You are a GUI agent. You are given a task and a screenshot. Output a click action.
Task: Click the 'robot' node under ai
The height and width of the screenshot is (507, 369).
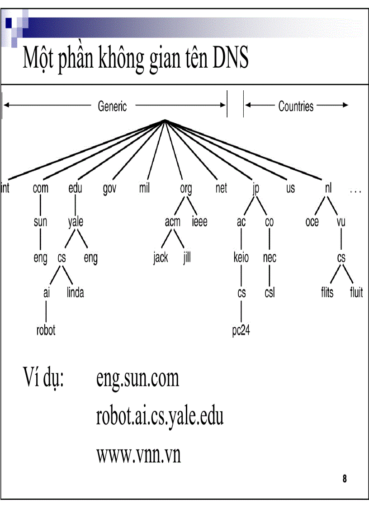(46, 330)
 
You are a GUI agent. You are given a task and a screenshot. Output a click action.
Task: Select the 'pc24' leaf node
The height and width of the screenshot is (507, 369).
(241, 330)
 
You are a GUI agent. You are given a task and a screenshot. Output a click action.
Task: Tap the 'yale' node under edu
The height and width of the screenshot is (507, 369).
(76, 222)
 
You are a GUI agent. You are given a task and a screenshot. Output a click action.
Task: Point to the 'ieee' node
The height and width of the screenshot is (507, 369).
(199, 222)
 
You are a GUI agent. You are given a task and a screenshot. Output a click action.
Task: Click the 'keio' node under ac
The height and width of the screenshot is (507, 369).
(241, 258)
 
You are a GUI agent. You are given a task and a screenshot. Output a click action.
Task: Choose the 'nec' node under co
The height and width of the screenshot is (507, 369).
(270, 258)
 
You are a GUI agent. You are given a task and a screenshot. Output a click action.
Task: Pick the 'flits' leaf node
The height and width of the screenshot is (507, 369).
(327, 293)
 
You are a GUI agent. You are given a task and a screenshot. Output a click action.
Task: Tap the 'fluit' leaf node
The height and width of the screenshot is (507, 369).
(356, 293)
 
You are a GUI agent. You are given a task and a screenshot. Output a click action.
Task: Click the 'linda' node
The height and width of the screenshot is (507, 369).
(76, 293)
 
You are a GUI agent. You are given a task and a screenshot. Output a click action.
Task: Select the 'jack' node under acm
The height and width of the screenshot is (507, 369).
(161, 258)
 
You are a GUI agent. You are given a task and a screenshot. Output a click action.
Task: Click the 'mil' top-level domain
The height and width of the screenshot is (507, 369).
(144, 188)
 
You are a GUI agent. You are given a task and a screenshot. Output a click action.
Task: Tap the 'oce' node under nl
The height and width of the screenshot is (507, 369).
(312, 222)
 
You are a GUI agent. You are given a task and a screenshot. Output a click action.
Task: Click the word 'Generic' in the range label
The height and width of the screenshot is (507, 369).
(113, 107)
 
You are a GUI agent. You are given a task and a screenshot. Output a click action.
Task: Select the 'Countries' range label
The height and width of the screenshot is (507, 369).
(296, 107)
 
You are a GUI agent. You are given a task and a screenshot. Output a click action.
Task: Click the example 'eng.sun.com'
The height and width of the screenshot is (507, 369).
(137, 378)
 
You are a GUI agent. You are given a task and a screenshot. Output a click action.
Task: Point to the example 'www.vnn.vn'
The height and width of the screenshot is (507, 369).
(138, 455)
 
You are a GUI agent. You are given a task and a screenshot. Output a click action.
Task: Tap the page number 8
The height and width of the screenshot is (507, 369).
(345, 479)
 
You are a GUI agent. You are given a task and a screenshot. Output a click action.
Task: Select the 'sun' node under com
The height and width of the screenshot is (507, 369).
(40, 222)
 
